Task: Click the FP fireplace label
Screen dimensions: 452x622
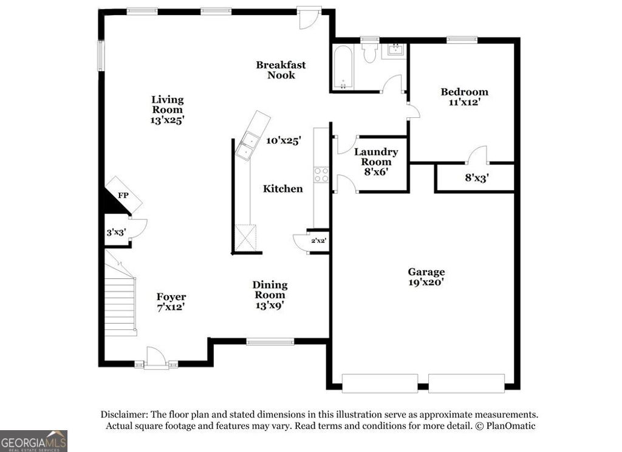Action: pyautogui.click(x=123, y=196)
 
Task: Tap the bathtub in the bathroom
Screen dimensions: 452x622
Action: pyautogui.click(x=343, y=67)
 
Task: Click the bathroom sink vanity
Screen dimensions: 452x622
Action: pyautogui.click(x=394, y=50)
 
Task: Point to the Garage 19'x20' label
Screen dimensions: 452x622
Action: pyautogui.click(x=426, y=277)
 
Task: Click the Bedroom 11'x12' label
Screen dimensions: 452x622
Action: pyautogui.click(x=464, y=97)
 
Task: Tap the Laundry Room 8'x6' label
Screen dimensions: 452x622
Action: pyautogui.click(x=376, y=162)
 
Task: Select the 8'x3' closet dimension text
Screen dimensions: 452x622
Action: pyautogui.click(x=477, y=178)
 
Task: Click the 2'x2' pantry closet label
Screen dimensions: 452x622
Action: pyautogui.click(x=319, y=241)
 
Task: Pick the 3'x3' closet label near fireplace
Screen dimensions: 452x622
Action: pyautogui.click(x=115, y=232)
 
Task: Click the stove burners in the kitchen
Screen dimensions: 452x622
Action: pyautogui.click(x=321, y=175)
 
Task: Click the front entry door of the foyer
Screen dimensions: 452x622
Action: pyautogui.click(x=156, y=358)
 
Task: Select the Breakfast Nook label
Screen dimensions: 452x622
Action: pyautogui.click(x=281, y=70)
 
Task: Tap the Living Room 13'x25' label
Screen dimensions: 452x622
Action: pyautogui.click(x=167, y=110)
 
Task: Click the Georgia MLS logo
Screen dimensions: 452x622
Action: pyautogui.click(x=33, y=440)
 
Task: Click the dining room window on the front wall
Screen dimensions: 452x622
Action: pyautogui.click(x=270, y=343)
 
